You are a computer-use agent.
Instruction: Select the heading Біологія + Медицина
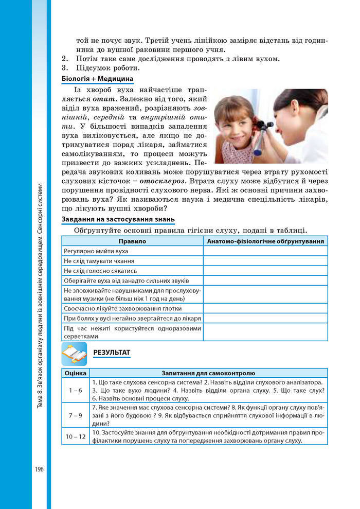pyautogui.click(x=97, y=79)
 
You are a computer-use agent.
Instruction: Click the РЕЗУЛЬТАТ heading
pyautogui.click(x=112, y=352)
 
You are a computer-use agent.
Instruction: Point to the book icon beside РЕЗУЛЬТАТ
pyautogui.click(x=74, y=353)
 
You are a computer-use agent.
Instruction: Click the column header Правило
pyautogui.click(x=132, y=241)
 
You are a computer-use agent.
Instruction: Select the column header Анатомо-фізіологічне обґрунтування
pyautogui.click(x=265, y=241)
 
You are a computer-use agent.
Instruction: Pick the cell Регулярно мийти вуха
pyautogui.click(x=96, y=251)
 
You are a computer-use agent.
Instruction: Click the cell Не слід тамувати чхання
pyautogui.click(x=100, y=261)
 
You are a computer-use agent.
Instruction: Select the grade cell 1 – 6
pyautogui.click(x=76, y=391)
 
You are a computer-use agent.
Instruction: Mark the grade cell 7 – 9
pyautogui.click(x=76, y=415)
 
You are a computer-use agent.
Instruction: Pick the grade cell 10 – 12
pyautogui.click(x=76, y=436)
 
